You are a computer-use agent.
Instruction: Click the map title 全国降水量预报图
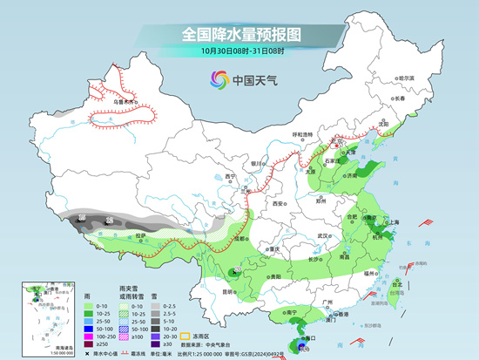point(240,34)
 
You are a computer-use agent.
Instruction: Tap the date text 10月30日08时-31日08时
point(240,51)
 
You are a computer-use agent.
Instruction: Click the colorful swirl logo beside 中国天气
point(218,80)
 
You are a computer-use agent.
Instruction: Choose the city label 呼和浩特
point(301,134)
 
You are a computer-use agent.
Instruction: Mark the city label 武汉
point(326,235)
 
